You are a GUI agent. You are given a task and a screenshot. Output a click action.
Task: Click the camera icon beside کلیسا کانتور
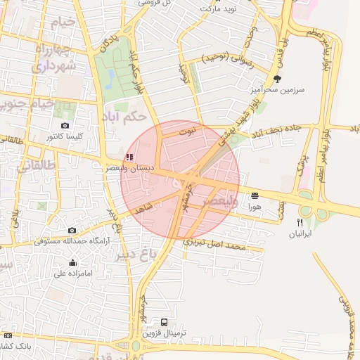pos(65,125)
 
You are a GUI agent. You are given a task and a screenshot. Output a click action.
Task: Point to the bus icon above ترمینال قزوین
pos(164,323)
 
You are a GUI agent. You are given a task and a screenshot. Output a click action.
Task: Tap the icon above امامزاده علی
pos(72,263)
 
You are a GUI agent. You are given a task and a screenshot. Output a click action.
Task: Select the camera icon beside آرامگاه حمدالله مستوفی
pos(72,230)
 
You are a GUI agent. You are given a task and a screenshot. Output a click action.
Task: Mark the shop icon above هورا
pos(253,195)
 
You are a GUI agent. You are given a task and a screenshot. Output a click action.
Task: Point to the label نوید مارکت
pos(217,9)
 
